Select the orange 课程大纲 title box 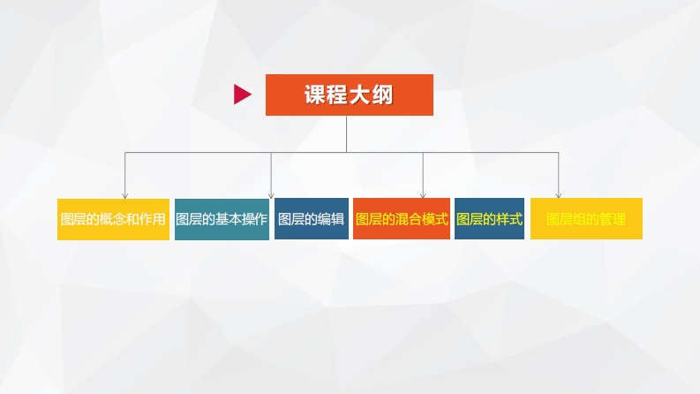(x=349, y=95)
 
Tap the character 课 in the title (x=315, y=95)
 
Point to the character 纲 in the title (x=383, y=95)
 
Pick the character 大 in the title (x=360, y=95)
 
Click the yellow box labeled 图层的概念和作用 (x=112, y=219)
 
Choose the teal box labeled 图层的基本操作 (x=221, y=219)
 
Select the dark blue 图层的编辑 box (x=311, y=219)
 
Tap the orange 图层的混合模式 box (x=401, y=219)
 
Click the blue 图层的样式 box (x=489, y=219)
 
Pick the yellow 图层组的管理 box (x=586, y=219)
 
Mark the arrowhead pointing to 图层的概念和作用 (x=124, y=193)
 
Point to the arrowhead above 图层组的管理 (x=559, y=193)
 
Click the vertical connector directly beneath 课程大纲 (x=346, y=133)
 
